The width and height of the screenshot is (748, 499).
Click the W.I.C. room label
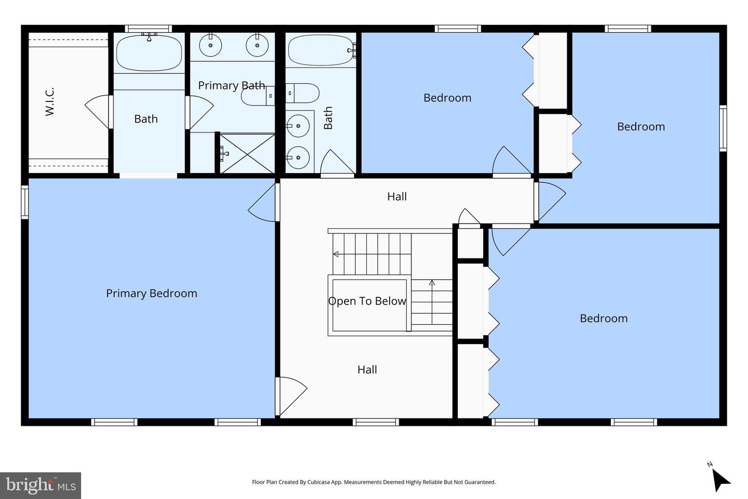click(50, 102)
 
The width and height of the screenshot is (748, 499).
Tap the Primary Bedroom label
click(152, 293)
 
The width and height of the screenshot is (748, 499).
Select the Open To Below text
click(367, 301)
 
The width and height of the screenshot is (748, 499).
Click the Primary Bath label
click(231, 85)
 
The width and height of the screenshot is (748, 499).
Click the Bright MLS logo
click(41, 485)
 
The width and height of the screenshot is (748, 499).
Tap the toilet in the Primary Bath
click(257, 96)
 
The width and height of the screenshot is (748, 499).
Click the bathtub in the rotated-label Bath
click(321, 50)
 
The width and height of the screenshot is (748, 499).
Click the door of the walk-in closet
click(98, 112)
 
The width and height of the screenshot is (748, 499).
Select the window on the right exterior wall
click(723, 128)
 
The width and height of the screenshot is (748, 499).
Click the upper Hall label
click(397, 196)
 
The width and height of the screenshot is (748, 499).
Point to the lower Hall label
click(367, 370)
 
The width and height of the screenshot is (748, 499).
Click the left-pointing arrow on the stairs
click(336, 254)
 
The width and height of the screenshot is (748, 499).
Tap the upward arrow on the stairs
click(432, 283)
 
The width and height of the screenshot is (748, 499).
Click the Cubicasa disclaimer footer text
click(373, 482)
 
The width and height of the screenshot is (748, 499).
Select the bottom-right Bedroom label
click(604, 318)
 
